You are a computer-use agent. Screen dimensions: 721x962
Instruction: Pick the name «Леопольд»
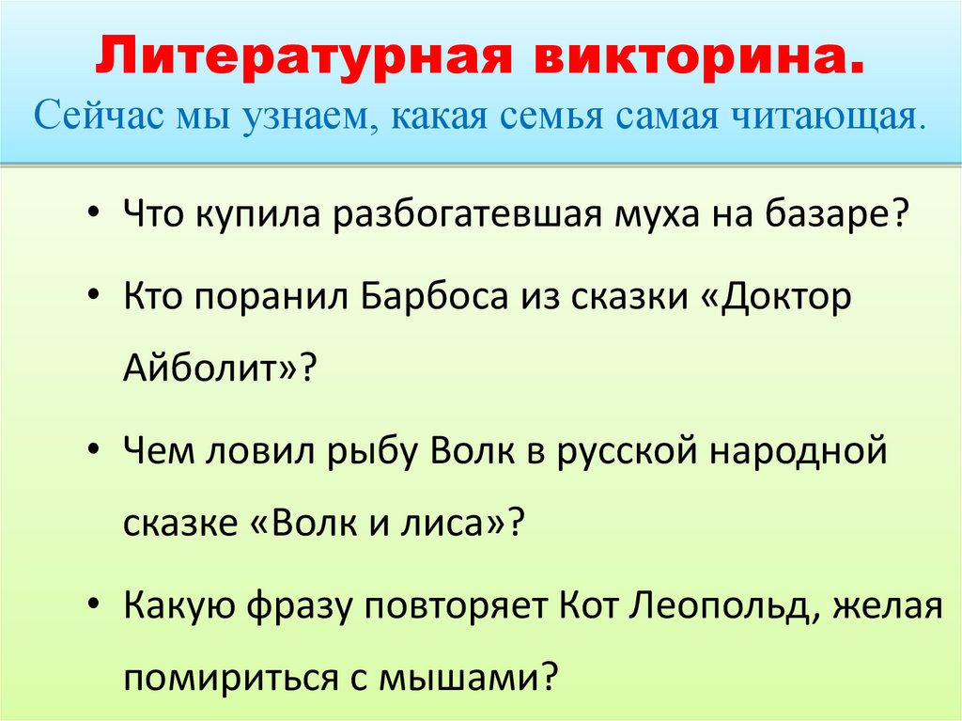click(711, 605)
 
